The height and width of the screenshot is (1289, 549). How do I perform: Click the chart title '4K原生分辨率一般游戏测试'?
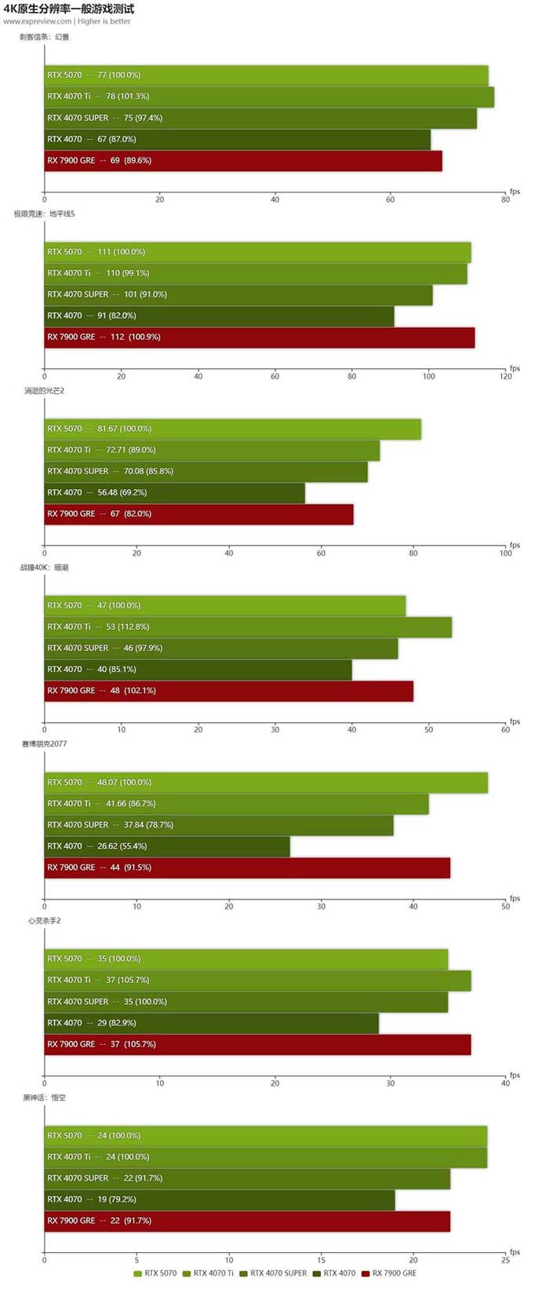pos(69,9)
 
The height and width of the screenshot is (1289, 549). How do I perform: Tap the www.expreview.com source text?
pos(38,21)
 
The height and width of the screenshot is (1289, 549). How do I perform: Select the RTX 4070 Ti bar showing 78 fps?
pos(269,97)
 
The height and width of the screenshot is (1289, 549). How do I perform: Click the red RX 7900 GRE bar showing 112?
pos(260,337)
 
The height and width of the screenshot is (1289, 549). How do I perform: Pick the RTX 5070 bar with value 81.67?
pos(233,429)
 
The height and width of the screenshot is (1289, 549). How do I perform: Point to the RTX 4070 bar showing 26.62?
pos(167,846)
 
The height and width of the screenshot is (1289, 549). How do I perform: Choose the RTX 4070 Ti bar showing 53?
pos(248,626)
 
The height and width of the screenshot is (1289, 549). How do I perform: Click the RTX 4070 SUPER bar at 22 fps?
pos(247,1178)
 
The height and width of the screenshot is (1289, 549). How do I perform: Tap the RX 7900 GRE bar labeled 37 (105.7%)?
pos(257,1044)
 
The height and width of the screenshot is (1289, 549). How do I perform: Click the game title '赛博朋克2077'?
pos(45,743)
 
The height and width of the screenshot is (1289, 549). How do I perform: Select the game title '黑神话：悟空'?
pos(45,1097)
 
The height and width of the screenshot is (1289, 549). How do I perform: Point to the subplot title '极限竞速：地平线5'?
pos(45,214)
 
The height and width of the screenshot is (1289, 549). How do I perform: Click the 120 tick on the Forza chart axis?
pos(505,377)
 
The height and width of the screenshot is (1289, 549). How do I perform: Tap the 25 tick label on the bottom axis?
pos(505,1260)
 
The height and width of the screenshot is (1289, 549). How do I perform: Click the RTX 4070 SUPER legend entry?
pos(274,1273)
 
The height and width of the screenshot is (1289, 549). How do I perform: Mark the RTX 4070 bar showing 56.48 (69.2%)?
pos(174,492)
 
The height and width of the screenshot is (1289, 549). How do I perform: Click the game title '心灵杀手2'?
pos(45,920)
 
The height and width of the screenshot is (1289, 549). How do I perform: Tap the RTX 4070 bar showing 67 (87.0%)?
pos(237,139)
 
